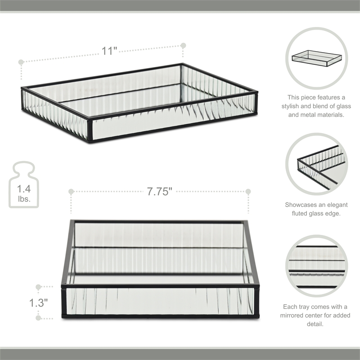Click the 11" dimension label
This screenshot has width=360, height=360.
coord(109,51)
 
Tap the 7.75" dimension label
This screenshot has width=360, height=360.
coord(160,192)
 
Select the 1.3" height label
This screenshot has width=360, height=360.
coord(39,303)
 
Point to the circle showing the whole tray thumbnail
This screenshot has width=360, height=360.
coord(317,58)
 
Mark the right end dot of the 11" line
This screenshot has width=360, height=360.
coord(183,45)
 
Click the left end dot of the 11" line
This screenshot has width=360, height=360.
coord(21,62)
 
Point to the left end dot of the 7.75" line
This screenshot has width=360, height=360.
coord(71,192)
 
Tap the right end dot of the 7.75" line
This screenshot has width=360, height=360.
coord(247,192)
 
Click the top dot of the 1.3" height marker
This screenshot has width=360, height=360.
coord(39,286)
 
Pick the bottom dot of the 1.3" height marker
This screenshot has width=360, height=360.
coord(39,318)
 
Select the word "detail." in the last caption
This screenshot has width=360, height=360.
coord(317,324)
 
